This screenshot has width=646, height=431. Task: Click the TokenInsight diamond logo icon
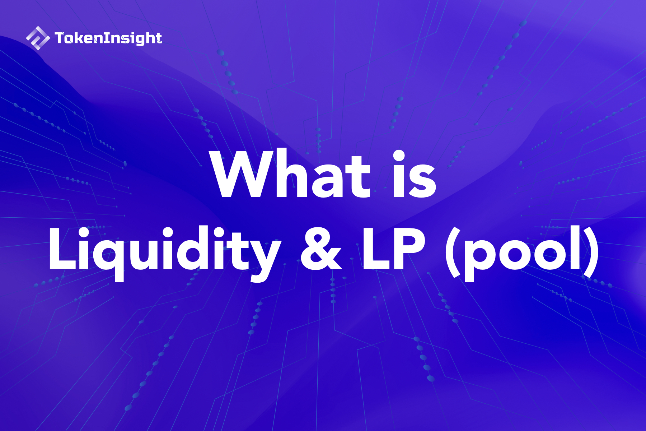pyautogui.click(x=38, y=38)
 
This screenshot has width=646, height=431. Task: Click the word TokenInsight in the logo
pyautogui.click(x=108, y=38)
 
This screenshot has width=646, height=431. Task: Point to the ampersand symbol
pyautogui.click(x=321, y=248)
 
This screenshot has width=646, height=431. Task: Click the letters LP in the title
pyautogui.click(x=394, y=248)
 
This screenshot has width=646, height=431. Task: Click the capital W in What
pyautogui.click(x=244, y=174)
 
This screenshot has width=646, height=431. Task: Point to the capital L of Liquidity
pyautogui.click(x=63, y=248)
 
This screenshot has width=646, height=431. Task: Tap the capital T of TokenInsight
pyautogui.click(x=60, y=38)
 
